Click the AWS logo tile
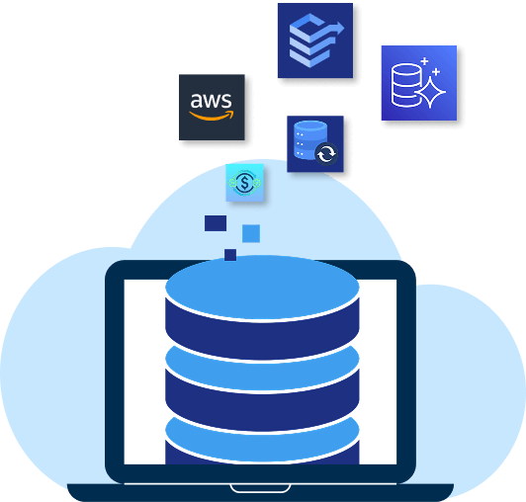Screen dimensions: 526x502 click(212, 108)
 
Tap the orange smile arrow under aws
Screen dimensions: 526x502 click(212, 116)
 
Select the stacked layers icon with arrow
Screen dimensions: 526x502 click(315, 41)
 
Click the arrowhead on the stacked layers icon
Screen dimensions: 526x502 click(339, 28)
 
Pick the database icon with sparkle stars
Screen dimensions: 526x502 click(419, 83)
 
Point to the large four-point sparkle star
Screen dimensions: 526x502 click(430, 92)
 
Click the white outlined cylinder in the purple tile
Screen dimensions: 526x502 click(405, 85)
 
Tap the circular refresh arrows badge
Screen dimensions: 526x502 click(326, 154)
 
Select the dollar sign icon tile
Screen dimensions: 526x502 click(245, 183)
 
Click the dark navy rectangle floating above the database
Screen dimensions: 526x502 click(216, 223)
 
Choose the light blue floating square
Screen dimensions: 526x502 click(251, 233)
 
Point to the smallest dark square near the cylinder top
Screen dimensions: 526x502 click(230, 255)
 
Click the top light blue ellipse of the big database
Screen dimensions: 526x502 click(262, 287)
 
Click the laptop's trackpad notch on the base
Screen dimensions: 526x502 click(260, 488)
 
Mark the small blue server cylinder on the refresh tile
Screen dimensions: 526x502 click(308, 140)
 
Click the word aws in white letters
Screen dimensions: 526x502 click(211, 100)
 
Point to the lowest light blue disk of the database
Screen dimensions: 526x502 click(262, 441)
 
